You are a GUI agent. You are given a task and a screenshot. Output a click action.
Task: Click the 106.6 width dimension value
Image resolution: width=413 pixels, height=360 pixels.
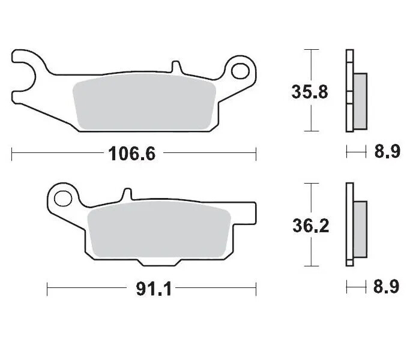pos(131,154)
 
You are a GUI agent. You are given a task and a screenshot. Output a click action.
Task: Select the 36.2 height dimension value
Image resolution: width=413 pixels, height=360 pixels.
pos(310,226)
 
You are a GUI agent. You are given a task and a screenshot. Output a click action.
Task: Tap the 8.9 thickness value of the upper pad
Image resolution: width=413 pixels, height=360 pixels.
pos(387,153)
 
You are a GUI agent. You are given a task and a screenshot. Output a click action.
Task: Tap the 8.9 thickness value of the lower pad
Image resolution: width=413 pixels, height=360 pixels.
pos(387,287)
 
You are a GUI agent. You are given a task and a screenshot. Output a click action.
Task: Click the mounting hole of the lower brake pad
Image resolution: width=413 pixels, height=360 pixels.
pos(62,197)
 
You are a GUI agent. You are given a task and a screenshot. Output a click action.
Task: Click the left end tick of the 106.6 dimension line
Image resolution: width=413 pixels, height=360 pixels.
pos(12,154)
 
